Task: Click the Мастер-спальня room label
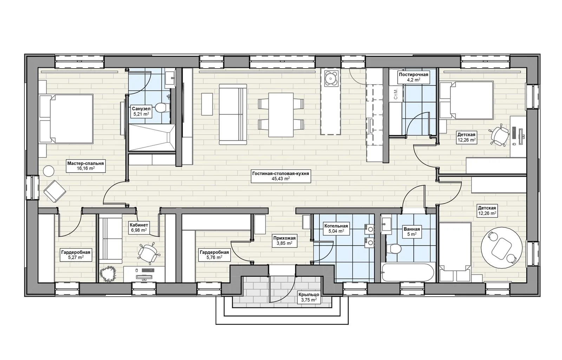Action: [86, 166]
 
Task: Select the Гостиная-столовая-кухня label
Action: [281, 176]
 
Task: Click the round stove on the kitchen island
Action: [331, 79]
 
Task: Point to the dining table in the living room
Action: [281, 115]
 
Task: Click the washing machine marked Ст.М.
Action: [396, 94]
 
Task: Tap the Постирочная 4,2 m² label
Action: [413, 77]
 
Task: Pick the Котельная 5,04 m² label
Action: [336, 229]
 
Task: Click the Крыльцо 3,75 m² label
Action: [309, 297]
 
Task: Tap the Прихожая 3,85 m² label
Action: [285, 240]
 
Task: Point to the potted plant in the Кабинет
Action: [108, 274]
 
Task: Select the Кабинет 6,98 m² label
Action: [139, 227]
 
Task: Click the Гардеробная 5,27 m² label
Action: [76, 255]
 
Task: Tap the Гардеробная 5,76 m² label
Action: [214, 255]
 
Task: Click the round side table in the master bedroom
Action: [49, 171]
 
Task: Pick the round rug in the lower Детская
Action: [502, 248]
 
